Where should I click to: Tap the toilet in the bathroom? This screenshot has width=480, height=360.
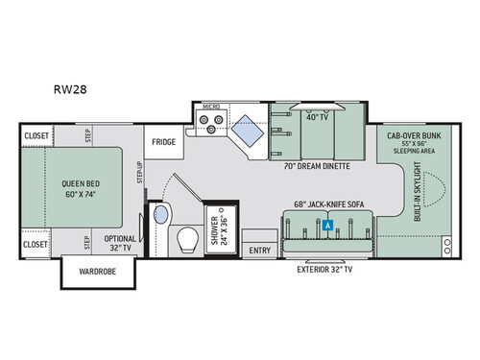[x=188, y=240]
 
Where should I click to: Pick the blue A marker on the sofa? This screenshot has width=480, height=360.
[x=328, y=226]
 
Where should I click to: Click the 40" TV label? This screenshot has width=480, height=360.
[x=318, y=118]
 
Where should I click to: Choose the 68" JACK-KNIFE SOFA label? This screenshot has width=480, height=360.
[x=322, y=204]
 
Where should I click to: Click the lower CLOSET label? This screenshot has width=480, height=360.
[x=36, y=245]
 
